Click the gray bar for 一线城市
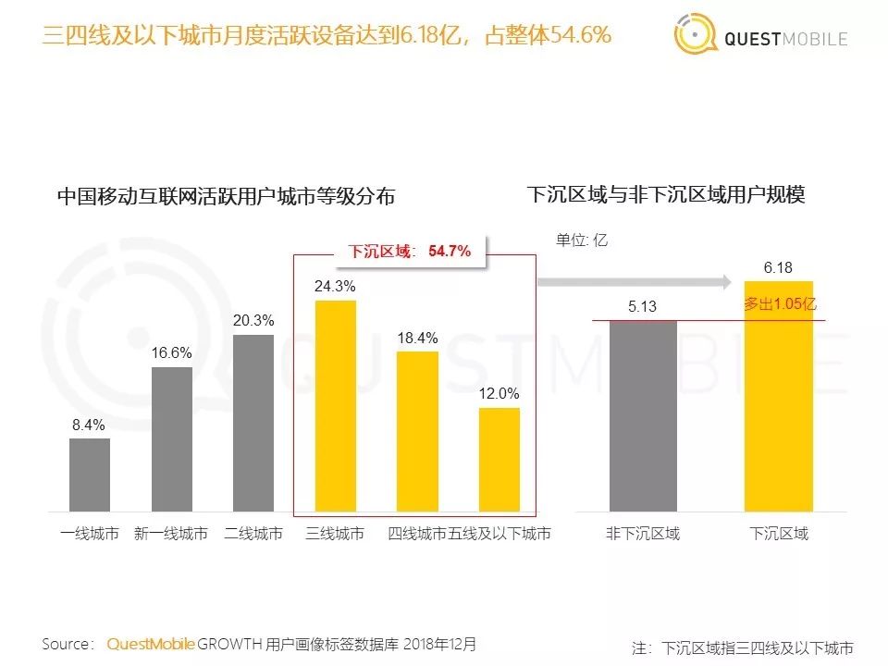(90, 475)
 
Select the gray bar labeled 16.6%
(172, 439)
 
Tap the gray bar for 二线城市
(253, 423)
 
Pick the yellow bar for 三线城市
(335, 406)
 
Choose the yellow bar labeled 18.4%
(417, 431)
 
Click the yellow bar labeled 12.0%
(499, 460)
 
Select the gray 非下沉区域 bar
(643, 415)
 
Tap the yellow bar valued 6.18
(779, 396)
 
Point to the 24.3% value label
(335, 287)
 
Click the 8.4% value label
(90, 425)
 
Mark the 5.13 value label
(642, 306)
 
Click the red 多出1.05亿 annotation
(780, 303)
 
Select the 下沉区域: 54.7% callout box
(410, 251)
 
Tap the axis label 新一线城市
(171, 535)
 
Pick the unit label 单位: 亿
(581, 240)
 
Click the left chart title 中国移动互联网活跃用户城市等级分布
(227, 196)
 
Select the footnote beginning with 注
(742, 647)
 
